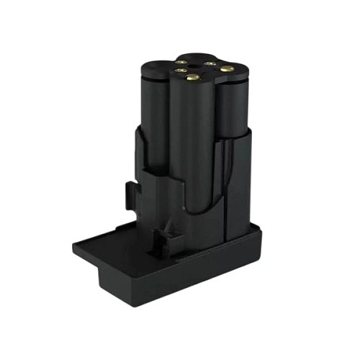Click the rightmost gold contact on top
pos(228,68)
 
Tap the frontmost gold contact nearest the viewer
pos(192,77)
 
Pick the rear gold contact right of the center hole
pos(209,63)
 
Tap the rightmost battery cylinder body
pos(235,115)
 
